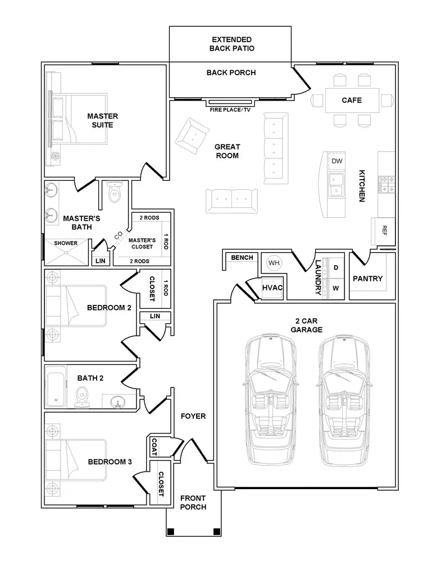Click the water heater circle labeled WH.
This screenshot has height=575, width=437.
click(274, 263)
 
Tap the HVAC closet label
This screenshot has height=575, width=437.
click(272, 288)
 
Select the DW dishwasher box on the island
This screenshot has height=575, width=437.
click(336, 161)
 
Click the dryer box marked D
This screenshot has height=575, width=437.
click(336, 268)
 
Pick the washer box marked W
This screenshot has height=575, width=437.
click(336, 288)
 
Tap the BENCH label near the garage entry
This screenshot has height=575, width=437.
click(242, 258)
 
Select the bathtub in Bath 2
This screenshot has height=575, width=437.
click(56, 387)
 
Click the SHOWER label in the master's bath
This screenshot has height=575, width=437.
click(66, 243)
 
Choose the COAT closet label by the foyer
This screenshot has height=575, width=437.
click(154, 448)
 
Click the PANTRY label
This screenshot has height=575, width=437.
click(368, 279)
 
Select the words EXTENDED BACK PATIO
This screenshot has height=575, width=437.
click(232, 44)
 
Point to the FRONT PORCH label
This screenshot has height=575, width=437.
click(193, 503)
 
